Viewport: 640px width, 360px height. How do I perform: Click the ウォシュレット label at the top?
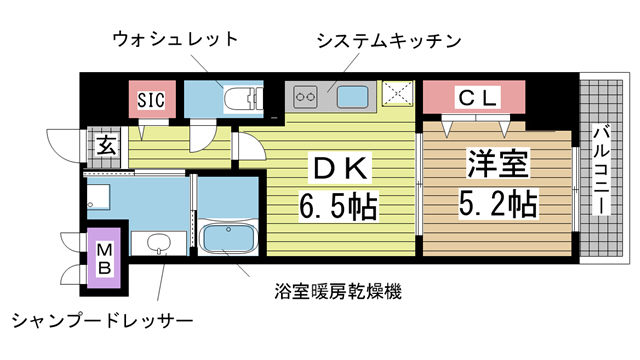(x=175, y=40)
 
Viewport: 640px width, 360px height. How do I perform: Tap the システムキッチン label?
(x=387, y=40)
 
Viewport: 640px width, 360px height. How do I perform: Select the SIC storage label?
(x=151, y=100)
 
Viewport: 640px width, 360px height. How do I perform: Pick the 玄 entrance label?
(x=104, y=145)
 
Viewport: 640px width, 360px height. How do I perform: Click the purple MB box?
(x=104, y=256)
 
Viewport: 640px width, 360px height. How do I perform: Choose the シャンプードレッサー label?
(x=101, y=321)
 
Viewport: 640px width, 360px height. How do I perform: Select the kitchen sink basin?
(x=352, y=98)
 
